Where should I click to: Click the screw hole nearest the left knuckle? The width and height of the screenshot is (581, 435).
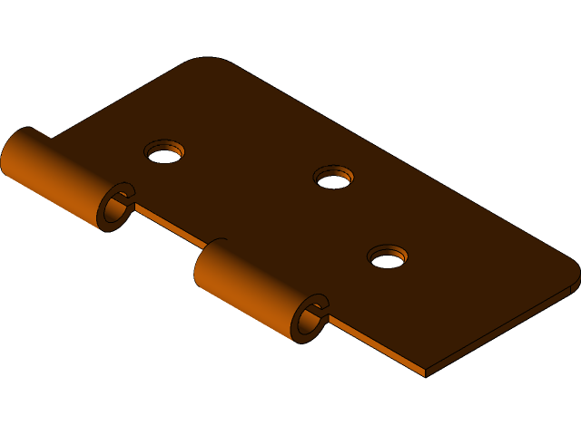point(164,152)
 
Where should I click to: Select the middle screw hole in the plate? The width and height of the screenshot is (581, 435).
point(333,178)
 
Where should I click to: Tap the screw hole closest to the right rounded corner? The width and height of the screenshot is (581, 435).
point(388,257)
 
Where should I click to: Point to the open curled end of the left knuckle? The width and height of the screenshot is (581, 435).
point(116,208)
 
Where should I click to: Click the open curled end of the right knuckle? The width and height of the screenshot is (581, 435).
point(310,318)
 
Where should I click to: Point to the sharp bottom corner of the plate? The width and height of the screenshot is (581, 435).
point(425,372)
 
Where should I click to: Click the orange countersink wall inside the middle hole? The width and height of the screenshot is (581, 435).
point(333,171)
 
